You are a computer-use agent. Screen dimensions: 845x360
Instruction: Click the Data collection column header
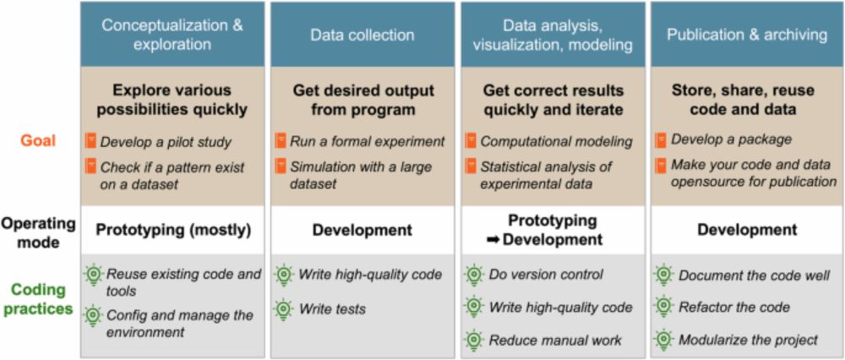[363, 35]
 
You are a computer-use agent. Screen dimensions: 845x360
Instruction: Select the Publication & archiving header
[747, 35]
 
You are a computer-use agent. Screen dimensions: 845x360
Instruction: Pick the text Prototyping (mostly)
[173, 230]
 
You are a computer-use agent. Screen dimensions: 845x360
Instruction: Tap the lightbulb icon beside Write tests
[284, 308]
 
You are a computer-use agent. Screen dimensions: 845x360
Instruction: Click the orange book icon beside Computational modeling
[472, 141]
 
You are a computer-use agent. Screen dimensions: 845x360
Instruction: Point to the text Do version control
[546, 275]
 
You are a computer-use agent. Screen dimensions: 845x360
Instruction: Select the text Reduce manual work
[555, 341]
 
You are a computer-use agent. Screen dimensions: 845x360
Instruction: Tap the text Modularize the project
[749, 341]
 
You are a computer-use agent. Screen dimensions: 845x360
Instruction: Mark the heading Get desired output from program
[363, 99]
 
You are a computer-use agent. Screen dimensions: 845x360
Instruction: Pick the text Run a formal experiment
[368, 142]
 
